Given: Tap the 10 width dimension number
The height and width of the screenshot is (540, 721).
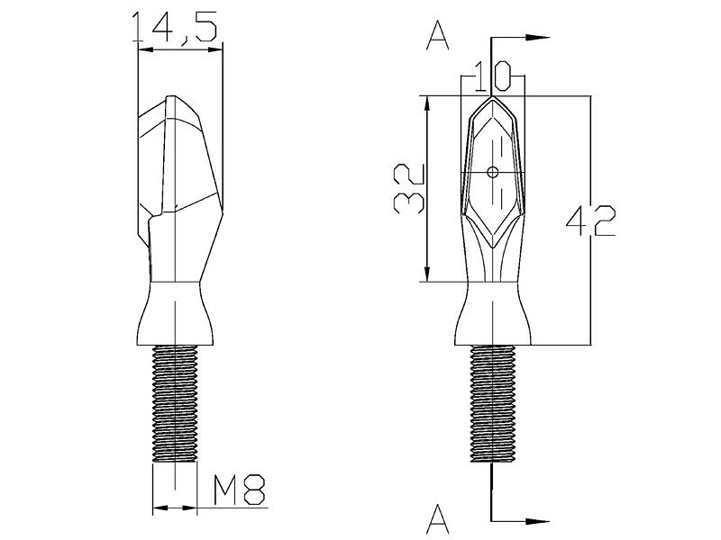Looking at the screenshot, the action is pos(492,76).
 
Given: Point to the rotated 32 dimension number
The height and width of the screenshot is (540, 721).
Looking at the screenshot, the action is pos(408,189).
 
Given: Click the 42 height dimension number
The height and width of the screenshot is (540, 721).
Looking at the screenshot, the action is pos(590,220).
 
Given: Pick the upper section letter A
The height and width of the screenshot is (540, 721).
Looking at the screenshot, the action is pos(438,36).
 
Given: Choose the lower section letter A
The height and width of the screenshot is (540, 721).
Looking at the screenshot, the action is pos(438,517).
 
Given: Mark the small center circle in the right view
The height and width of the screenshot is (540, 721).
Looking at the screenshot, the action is pos(493,172).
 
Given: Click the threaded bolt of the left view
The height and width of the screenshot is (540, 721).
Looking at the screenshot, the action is pos(175,403).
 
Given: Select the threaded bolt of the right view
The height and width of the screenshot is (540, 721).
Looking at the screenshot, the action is pos(493,403).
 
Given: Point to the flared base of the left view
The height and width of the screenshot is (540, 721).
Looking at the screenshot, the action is pos(175,313).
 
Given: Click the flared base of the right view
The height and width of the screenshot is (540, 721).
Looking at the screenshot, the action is pos(493,313).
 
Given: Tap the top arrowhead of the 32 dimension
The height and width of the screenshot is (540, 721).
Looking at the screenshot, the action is pos(427,107).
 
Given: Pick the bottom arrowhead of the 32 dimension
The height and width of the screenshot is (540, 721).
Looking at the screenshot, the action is pos(427,271).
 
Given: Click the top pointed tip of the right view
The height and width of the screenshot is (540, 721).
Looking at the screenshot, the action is pos(492,96).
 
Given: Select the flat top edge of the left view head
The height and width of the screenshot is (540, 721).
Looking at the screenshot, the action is pos(170,96).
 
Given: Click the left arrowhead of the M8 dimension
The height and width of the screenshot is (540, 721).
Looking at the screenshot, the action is pos(160,508).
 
